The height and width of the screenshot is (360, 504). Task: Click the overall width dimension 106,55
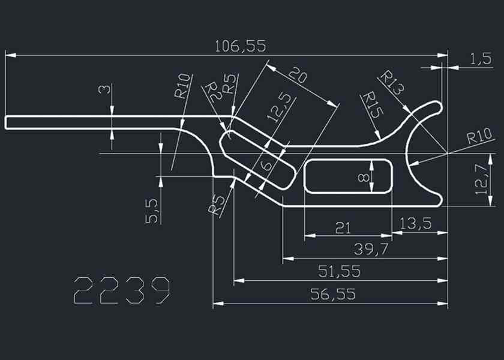240,46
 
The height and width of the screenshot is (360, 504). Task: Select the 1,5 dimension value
481,59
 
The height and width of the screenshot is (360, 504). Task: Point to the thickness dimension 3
105,89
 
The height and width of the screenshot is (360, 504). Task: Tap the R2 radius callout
212,92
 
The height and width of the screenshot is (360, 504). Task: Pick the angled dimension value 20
298,76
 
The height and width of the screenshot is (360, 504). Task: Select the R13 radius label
392,82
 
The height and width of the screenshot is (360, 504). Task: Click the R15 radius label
373,104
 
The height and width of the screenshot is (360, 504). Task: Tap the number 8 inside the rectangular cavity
362,177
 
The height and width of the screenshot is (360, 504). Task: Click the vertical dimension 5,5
152,211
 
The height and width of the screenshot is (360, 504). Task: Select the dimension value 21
343,227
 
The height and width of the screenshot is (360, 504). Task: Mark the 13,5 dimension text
415,224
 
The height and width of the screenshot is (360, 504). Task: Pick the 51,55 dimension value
339,271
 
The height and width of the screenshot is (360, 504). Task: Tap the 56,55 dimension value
333,294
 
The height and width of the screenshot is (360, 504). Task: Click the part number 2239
122,290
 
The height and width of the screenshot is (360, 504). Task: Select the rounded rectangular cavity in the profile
348,176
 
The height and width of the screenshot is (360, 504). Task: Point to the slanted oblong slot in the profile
258,159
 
